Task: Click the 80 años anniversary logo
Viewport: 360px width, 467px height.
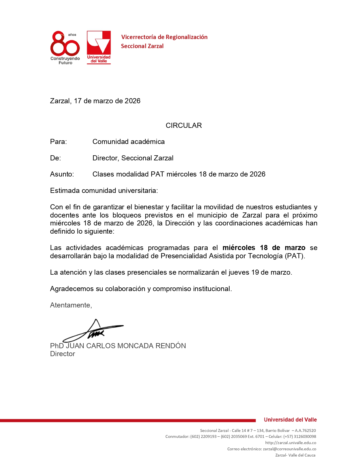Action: pos(65,48)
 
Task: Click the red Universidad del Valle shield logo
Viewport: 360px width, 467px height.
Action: pos(99,47)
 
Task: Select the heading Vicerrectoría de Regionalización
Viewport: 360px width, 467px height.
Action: pos(164,37)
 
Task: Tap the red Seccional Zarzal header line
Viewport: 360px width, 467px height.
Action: pos(142,46)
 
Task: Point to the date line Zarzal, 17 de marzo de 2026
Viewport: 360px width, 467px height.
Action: pos(95,101)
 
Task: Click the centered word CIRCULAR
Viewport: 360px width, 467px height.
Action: pos(184,126)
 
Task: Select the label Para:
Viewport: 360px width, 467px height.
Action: pos(59,142)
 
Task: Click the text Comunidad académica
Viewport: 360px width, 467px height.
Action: pos(128,142)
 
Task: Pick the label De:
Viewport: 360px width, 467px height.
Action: pos(55,158)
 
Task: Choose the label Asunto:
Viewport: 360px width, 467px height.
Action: pos(62,174)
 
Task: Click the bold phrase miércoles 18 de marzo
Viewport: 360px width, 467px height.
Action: pos(264,248)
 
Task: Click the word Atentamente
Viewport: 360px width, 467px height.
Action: pos(71,305)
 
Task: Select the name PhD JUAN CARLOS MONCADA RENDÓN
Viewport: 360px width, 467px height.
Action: pos(118,346)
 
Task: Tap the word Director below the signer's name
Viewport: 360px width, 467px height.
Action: pos(62,354)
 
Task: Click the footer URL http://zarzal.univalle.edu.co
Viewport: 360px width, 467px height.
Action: pos(290,443)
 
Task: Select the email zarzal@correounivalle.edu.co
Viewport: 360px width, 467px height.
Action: pos(289,449)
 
